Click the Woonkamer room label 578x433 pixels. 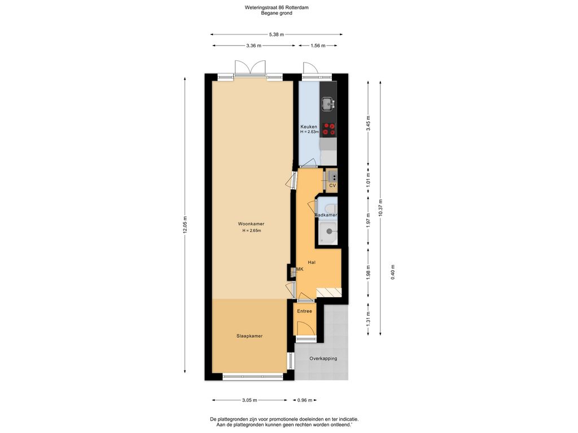tap(251, 224)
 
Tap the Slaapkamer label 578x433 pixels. tap(249, 336)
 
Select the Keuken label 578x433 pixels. tap(309, 127)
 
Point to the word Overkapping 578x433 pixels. tap(323, 358)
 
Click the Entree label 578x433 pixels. tap(304, 311)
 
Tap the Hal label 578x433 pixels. tap(312, 263)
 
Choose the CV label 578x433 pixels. tap(332, 185)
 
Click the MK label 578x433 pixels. tap(300, 269)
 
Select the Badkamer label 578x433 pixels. tap(326, 215)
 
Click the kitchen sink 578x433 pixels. tap(327, 104)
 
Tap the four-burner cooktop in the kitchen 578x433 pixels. tap(329, 129)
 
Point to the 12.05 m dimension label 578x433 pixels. tap(185, 225)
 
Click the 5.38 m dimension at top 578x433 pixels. tap(277, 34)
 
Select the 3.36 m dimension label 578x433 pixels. tap(253, 46)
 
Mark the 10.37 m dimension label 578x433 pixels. tap(380, 208)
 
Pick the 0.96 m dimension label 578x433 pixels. tap(305, 400)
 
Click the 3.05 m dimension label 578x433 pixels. tap(249, 400)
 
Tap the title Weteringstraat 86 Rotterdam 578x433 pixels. tap(277, 7)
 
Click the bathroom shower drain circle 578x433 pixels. tap(329, 232)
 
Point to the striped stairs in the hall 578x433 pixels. tap(329, 292)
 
